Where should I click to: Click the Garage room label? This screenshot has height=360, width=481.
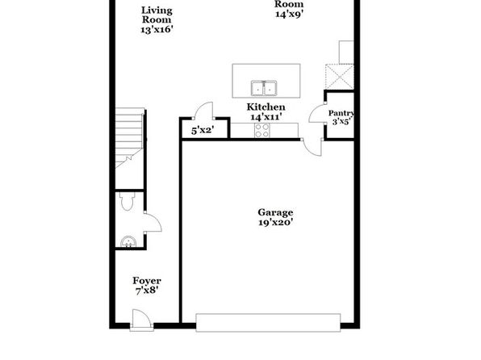[275, 212]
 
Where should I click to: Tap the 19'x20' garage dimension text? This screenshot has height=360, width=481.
[275, 222]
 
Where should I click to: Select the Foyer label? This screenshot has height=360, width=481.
[147, 281]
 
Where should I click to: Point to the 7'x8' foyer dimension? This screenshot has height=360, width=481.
[147, 291]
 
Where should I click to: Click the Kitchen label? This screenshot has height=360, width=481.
[266, 107]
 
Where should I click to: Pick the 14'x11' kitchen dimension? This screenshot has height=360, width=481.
[266, 117]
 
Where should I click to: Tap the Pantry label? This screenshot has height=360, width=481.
[341, 113]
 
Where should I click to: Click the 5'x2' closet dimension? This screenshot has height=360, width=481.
[203, 131]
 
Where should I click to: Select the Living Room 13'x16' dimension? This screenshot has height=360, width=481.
[157, 30]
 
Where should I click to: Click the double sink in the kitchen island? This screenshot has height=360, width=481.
[264, 88]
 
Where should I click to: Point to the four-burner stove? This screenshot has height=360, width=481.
[262, 131]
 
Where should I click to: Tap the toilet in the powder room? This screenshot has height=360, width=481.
[127, 201]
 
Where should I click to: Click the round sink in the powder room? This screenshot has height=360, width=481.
[128, 241]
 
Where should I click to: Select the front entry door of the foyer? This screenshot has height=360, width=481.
[141, 320]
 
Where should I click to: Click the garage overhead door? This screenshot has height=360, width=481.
[268, 323]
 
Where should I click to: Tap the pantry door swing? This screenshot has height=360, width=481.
[317, 114]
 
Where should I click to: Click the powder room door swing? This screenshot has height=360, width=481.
[153, 223]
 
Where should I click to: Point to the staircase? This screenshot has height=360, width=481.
[129, 138]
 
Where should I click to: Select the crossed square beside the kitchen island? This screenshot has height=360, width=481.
[340, 77]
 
